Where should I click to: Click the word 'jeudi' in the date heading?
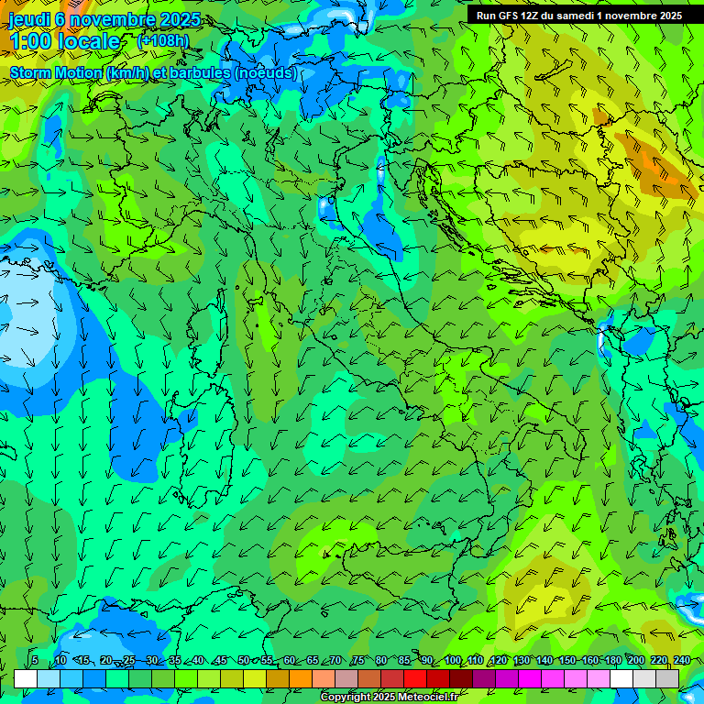29,19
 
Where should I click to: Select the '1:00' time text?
30,41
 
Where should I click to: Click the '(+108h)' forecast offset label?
162,41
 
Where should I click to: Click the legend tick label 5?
35,661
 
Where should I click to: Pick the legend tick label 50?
244,661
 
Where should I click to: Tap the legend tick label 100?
453,661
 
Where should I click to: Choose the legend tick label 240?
681,661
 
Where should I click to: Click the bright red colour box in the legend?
415,678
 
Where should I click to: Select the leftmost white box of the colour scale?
26,678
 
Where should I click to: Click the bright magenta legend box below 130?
530,678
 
